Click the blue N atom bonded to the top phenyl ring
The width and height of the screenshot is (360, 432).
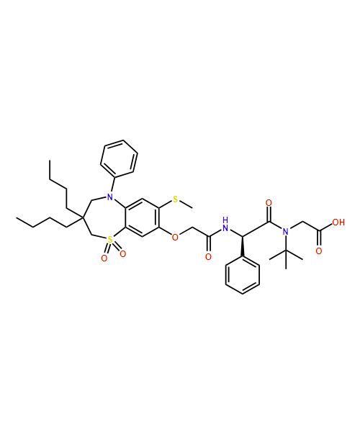tap(110, 197)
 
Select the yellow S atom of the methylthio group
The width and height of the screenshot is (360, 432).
tap(176, 199)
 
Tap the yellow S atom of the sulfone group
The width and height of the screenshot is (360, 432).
tap(110, 240)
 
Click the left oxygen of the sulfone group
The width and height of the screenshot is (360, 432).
tap(104, 258)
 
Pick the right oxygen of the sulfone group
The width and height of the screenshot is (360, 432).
tap(123, 253)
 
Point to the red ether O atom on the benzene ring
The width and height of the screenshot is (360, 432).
tap(175, 237)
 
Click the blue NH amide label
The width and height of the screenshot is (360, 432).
tap(225, 224)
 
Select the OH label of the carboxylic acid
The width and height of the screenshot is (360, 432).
tap(338, 222)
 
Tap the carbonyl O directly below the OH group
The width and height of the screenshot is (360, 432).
tap(319, 251)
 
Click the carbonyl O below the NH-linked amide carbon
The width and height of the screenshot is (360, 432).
tap(209, 257)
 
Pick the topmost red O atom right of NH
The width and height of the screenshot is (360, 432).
tap(269, 203)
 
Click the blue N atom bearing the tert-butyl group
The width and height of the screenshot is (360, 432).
tap(286, 232)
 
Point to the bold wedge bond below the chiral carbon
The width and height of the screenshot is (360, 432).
tap(243, 246)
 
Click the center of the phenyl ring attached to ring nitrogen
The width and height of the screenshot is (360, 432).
tap(119, 158)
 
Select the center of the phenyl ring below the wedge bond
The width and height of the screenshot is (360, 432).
tap(243, 275)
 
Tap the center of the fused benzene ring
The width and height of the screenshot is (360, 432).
tap(143, 217)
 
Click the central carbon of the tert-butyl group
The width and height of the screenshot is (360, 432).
tap(286, 251)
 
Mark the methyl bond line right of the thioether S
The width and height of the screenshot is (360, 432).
tap(186, 204)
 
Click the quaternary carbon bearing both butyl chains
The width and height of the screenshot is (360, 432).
tap(82, 217)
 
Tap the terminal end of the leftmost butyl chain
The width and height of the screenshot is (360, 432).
tap(17, 218)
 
